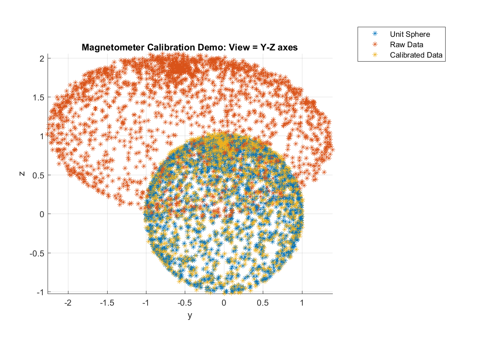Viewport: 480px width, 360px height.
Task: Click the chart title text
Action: click(190, 48)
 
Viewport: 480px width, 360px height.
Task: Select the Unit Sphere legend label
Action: click(410, 34)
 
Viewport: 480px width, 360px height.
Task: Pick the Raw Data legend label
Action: click(406, 44)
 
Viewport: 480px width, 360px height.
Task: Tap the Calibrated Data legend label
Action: click(416, 55)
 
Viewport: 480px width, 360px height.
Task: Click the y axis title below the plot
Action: click(190, 316)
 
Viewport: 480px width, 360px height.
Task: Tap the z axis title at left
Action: click(22, 174)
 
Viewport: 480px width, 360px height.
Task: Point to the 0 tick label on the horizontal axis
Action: click(224, 303)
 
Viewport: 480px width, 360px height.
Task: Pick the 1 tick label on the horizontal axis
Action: click(302, 303)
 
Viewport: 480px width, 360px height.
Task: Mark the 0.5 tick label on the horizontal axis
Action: click(263, 303)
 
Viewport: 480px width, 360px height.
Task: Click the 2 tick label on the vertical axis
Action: click(41, 58)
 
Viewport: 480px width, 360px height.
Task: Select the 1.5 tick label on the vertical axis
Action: click(38, 97)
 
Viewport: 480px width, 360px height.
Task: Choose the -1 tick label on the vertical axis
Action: click(40, 292)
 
